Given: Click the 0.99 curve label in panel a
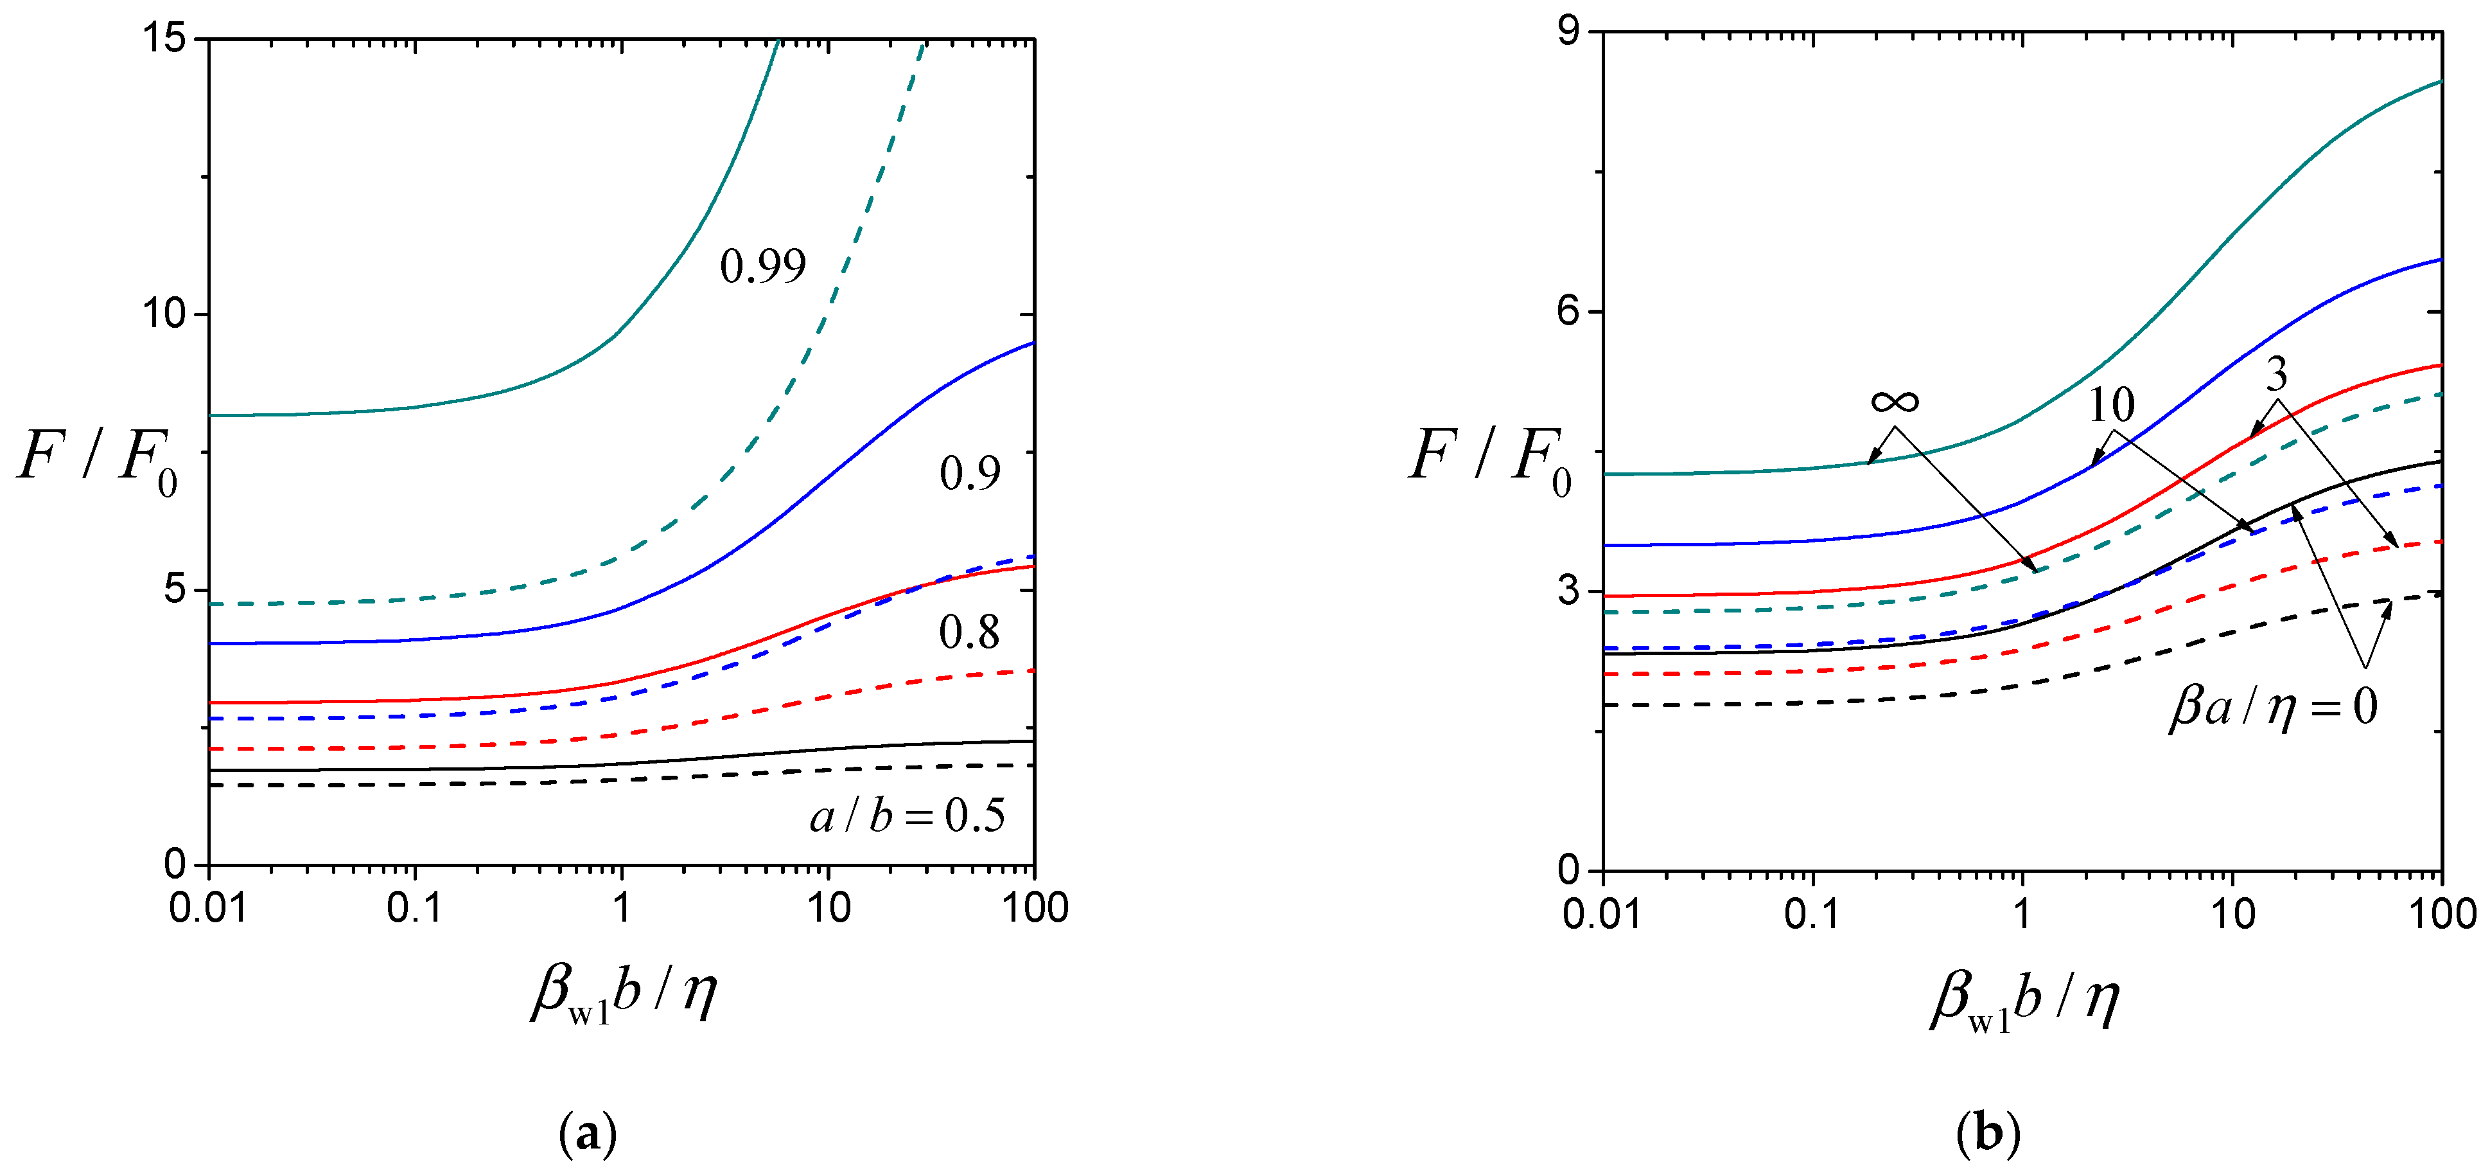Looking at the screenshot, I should [x=762, y=267].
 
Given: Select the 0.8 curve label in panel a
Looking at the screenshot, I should [x=970, y=633].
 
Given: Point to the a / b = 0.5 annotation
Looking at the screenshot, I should [x=907, y=817].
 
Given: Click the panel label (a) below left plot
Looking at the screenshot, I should [x=588, y=1132].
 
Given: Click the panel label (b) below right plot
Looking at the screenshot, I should [x=1987, y=1132].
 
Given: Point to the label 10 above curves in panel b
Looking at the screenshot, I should [x=2111, y=405].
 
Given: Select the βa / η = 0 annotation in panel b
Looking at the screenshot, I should [x=2272, y=707].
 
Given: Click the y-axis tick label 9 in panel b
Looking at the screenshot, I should [x=1569, y=32].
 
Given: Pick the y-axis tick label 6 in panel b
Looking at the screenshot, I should [x=1569, y=310].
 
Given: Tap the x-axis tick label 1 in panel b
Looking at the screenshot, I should [x=2021, y=914].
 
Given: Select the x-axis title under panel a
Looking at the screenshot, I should [x=624, y=993].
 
